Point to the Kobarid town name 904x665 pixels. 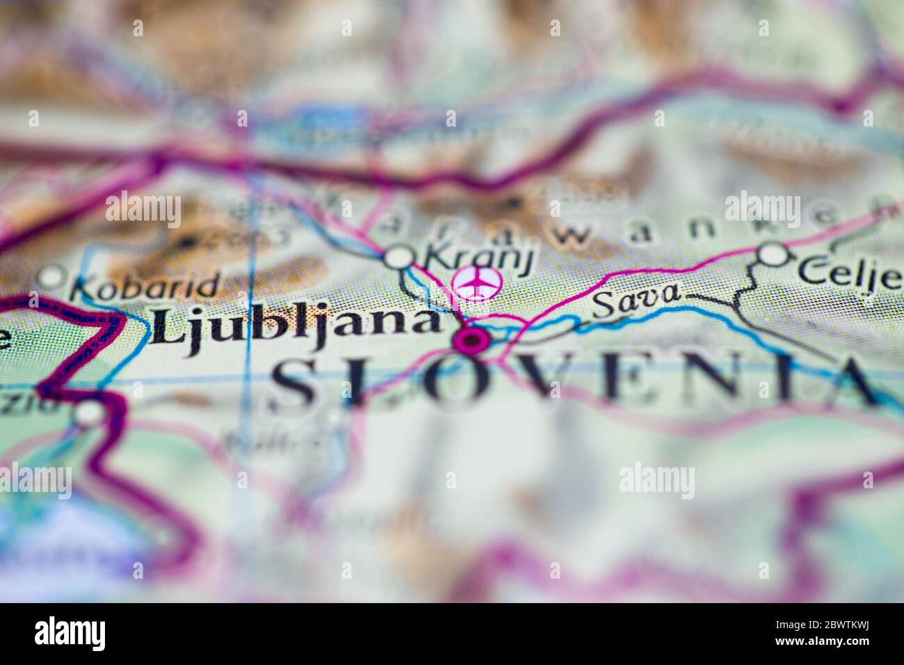coord(146,286)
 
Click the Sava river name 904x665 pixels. coord(636,298)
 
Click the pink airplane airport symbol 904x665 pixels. coord(476,282)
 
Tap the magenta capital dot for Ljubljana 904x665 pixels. coord(472,340)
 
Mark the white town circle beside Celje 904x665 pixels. coord(771,255)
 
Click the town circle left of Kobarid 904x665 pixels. coord(51,278)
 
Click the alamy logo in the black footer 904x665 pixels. coord(70,634)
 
